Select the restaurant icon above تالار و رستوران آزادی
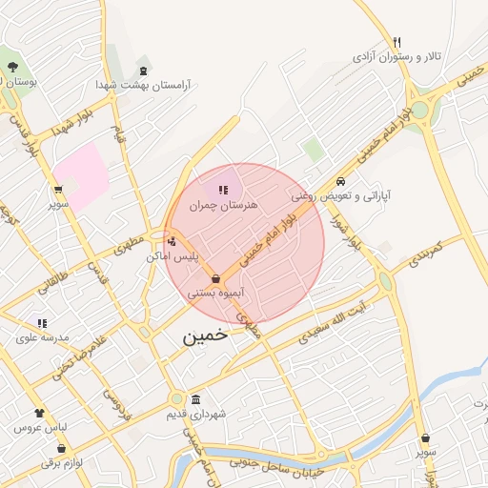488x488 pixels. [396, 42]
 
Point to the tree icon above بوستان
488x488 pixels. [12, 67]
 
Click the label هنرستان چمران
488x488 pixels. [224, 205]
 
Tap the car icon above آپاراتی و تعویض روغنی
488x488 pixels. [340, 181]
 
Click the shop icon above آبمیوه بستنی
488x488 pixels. [217, 279]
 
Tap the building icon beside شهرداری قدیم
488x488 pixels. [195, 399]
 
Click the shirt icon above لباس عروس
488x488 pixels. [39, 414]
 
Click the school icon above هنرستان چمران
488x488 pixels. [223, 191]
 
